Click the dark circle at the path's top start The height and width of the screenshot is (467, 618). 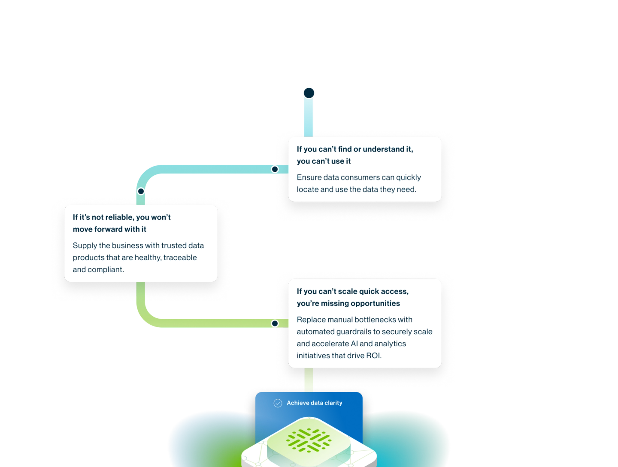pyautogui.click(x=309, y=93)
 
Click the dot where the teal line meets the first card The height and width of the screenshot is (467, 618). pyautogui.click(x=275, y=169)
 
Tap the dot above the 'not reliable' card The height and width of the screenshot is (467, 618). pyautogui.click(x=141, y=191)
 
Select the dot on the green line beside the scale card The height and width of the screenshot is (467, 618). pyautogui.click(x=275, y=323)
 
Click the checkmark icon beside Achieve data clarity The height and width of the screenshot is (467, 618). pyautogui.click(x=278, y=403)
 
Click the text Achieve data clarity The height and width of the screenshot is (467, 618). pyautogui.click(x=315, y=403)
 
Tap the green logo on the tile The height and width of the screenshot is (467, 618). pyautogui.click(x=309, y=440)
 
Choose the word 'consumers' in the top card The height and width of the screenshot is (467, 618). pyautogui.click(x=359, y=177)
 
